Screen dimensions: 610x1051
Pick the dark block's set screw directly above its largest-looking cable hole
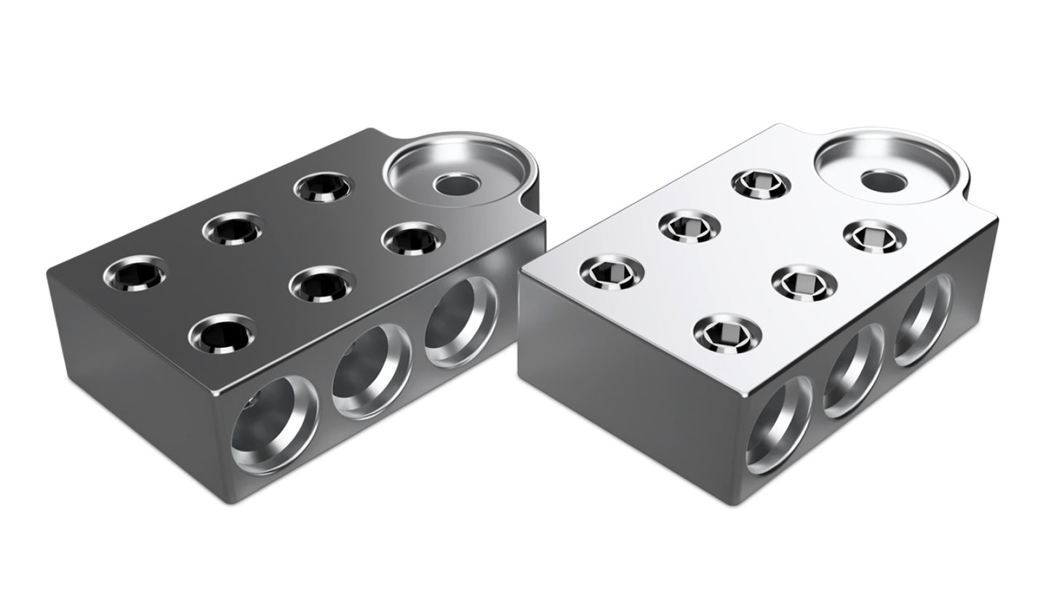[x=216, y=334]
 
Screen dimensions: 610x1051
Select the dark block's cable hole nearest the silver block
[x=457, y=321]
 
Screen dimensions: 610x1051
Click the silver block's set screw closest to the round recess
[x=875, y=237]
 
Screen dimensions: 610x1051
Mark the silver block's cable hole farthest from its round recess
[x=782, y=419]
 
